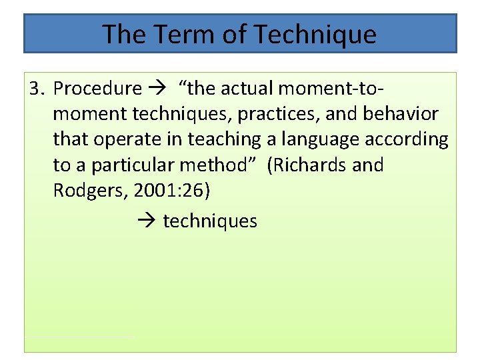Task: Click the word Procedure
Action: (x=97, y=88)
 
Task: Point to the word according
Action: (x=411, y=139)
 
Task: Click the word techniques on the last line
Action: (x=209, y=221)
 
